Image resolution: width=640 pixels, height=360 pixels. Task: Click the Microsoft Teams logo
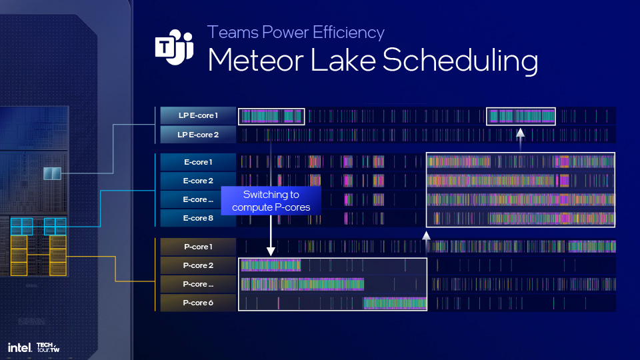point(174,47)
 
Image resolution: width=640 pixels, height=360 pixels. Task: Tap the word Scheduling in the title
point(460,61)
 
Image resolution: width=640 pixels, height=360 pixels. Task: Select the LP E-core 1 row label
point(198,115)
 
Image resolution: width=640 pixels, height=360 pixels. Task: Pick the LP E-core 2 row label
point(198,135)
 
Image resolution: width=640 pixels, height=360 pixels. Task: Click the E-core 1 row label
point(198,162)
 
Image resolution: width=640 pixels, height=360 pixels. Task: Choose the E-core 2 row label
point(198,181)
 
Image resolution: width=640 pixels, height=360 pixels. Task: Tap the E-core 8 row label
point(198,218)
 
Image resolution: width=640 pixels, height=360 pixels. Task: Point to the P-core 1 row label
point(198,247)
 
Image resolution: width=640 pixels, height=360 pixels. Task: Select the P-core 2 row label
point(198,265)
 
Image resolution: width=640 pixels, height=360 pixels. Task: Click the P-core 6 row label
point(198,303)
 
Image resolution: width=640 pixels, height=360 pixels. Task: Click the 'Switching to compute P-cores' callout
point(271,201)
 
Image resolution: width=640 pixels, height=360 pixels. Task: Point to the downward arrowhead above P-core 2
point(271,251)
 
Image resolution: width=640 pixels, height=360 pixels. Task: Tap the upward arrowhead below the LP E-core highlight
point(520,132)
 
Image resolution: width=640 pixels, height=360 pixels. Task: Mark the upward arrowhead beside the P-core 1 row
point(426,235)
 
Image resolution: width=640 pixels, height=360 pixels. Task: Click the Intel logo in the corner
point(19,348)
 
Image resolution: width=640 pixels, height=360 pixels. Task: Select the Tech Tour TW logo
point(48,347)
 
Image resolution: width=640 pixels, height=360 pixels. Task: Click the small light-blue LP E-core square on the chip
point(52,173)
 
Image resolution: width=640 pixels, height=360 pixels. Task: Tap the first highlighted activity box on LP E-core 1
point(271,116)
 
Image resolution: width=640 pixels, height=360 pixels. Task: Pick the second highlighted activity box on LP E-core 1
point(521,116)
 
